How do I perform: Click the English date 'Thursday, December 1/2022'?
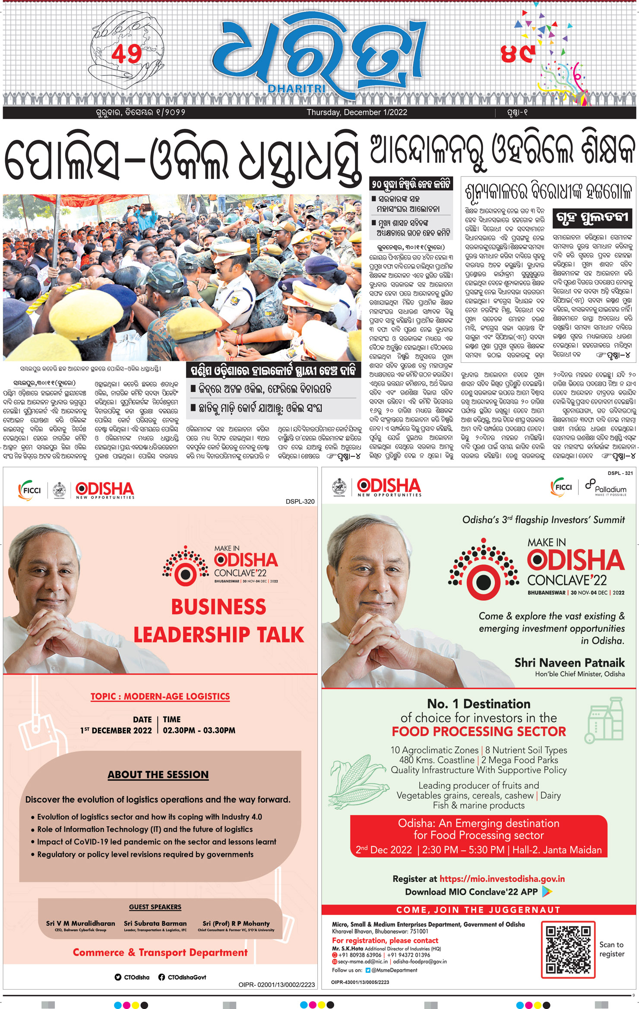[357, 113]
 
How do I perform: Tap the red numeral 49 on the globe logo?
[126, 54]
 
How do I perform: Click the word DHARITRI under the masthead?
[297, 88]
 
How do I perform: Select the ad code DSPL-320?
[300, 501]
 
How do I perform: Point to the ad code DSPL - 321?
[620, 473]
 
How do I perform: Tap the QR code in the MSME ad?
[568, 949]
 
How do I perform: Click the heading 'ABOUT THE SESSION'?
[158, 774]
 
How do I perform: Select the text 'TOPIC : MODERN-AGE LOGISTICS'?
[160, 696]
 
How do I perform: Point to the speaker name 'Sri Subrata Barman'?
[155, 923]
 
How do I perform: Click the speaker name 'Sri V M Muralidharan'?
[81, 923]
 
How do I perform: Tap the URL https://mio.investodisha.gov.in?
[502, 879]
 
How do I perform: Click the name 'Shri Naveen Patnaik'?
[569, 663]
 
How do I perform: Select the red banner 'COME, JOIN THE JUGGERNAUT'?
[478, 910]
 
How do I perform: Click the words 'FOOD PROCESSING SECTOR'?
[478, 732]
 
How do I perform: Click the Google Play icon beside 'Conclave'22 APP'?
[547, 891]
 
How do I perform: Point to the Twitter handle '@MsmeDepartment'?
[394, 970]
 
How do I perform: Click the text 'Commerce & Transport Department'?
[160, 952]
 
